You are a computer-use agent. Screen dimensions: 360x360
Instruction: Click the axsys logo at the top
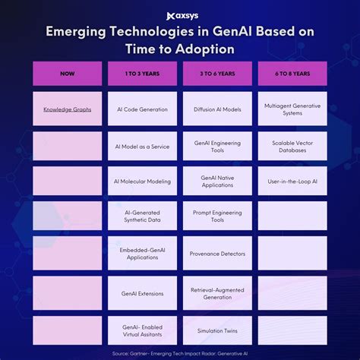(x=182, y=16)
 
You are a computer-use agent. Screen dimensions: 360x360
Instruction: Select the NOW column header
(x=68, y=74)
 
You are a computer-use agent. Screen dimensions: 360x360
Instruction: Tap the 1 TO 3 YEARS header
(x=142, y=74)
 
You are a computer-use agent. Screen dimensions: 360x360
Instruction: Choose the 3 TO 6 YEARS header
(x=217, y=74)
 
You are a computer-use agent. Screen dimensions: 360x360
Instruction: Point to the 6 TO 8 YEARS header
(x=292, y=74)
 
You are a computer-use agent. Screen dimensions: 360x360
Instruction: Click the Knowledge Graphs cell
(x=68, y=109)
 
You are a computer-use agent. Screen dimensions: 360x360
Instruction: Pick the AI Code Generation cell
(x=142, y=109)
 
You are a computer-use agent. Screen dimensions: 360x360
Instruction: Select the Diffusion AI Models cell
(x=217, y=109)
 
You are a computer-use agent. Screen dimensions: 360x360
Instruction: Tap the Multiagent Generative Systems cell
(x=292, y=109)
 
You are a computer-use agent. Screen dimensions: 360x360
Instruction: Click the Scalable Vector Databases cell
(x=292, y=146)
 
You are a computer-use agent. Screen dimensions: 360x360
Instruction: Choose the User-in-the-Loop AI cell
(x=292, y=181)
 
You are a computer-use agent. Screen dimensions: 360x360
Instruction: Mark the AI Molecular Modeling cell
(x=142, y=181)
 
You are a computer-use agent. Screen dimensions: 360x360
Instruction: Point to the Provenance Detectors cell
(x=217, y=253)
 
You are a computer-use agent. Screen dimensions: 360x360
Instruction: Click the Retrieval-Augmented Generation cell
(x=217, y=293)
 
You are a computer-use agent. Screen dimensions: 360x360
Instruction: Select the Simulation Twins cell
(x=217, y=330)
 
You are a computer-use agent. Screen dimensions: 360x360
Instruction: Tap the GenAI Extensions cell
(x=142, y=293)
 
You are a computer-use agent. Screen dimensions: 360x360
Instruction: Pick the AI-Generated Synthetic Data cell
(x=142, y=216)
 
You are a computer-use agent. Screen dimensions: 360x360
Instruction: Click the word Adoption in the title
(x=205, y=49)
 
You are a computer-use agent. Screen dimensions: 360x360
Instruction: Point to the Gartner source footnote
(x=180, y=353)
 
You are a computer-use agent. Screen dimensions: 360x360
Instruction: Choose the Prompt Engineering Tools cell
(x=217, y=216)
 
